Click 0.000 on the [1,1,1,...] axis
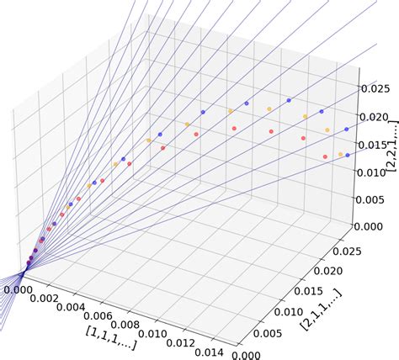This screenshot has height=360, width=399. [x=18, y=290]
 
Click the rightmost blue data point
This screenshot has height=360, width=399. [x=347, y=156]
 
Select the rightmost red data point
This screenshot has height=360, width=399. [x=325, y=156]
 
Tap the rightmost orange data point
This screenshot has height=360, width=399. [x=340, y=154]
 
